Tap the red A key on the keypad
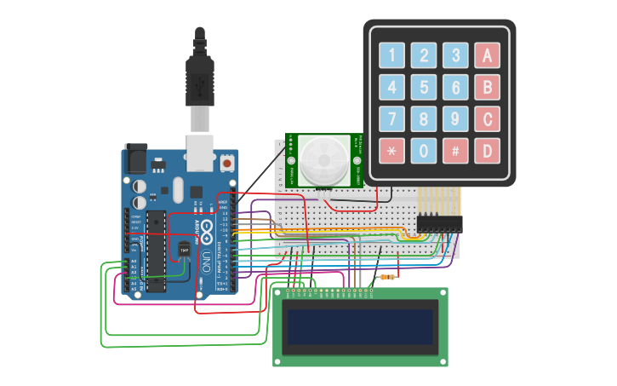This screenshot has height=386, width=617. tap(487, 56)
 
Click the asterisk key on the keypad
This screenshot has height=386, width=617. tap(391, 151)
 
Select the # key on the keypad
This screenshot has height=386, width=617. tap(455, 151)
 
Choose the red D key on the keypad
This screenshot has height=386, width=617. tap(487, 151)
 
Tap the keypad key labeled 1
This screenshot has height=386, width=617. tap(391, 56)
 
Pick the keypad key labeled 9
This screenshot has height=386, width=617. tap(455, 119)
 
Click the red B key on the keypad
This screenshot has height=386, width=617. tap(487, 88)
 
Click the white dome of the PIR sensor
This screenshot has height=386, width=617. tap(322, 160)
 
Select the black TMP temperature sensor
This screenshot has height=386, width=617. tap(185, 248)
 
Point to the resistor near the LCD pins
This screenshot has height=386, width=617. tap(389, 277)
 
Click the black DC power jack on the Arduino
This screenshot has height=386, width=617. tap(136, 159)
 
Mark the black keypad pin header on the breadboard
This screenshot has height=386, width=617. tap(439, 223)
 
